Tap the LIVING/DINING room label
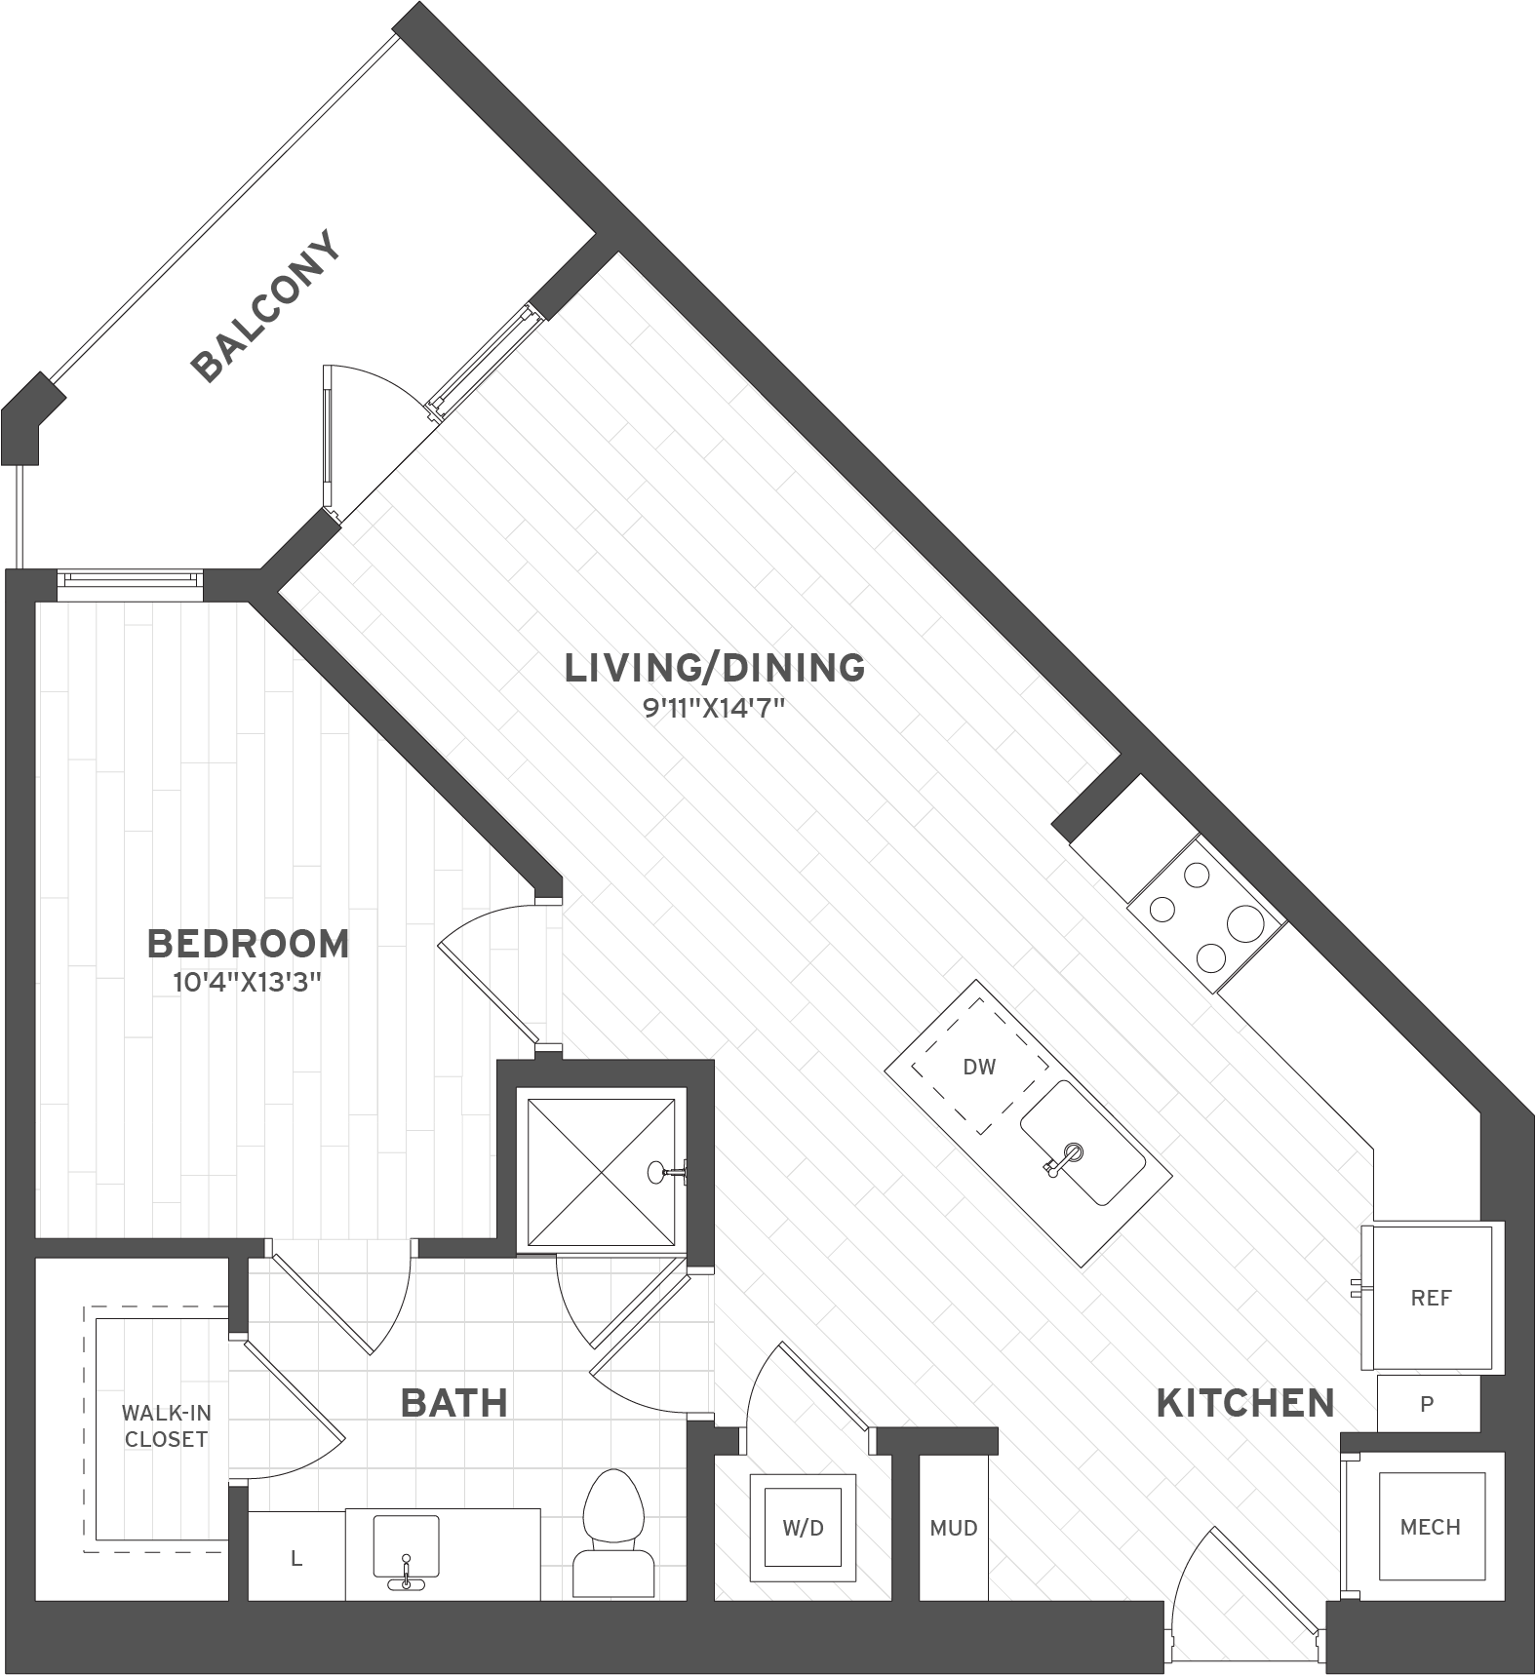point(715,668)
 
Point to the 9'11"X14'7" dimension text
point(714,708)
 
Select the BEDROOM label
point(248,943)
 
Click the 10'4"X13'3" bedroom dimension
point(248,982)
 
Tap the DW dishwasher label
point(979,1067)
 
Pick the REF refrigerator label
point(1431,1298)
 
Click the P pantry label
point(1427,1404)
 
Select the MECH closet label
point(1430,1527)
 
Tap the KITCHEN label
point(1245,1403)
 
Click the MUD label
point(954,1528)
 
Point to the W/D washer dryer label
point(803,1528)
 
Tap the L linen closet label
point(296,1559)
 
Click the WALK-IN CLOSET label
point(166,1425)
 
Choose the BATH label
point(454,1403)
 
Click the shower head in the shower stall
point(669,1171)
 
